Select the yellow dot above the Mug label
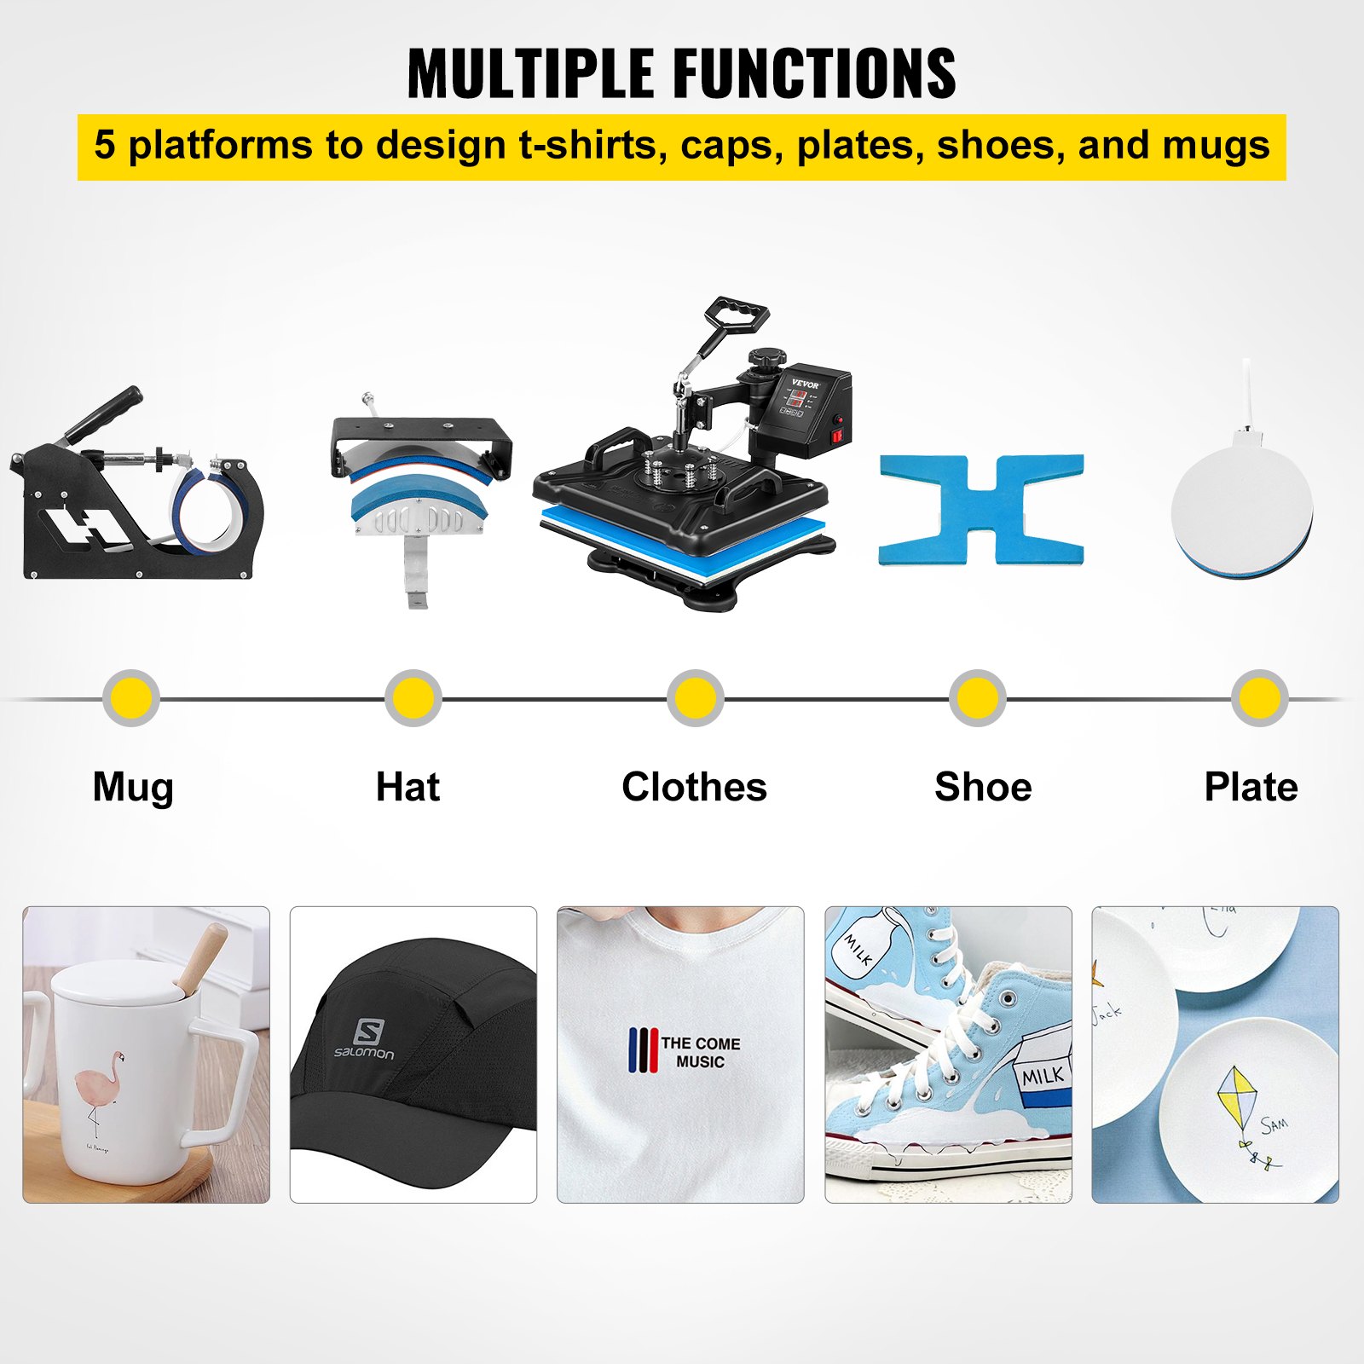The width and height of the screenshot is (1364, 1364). pos(131,698)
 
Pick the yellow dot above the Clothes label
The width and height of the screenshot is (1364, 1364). pos(696,698)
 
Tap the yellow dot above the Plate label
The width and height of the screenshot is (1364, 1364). pos(1259,698)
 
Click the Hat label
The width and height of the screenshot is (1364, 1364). pos(407,787)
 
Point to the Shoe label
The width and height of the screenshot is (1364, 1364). pos(983,787)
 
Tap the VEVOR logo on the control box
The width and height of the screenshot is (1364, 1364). pos(805,384)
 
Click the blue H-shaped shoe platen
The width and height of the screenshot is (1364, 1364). pos(981,510)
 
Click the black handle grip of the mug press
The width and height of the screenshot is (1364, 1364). pos(106,414)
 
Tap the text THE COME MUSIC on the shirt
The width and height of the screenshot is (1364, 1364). pos(700,1052)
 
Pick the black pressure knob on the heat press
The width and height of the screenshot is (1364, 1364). pos(769,361)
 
